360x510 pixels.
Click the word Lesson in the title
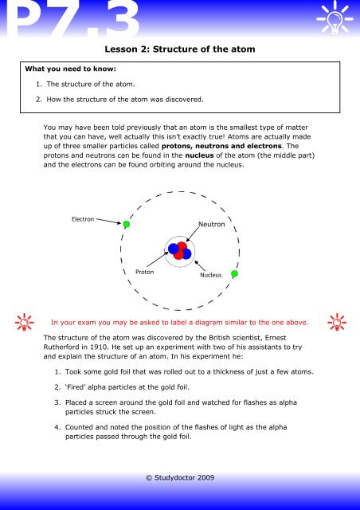[x=115, y=50]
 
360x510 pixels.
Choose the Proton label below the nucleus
[x=145, y=272]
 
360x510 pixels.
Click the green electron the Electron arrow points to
[x=126, y=224]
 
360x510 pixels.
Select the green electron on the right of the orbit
[x=234, y=273]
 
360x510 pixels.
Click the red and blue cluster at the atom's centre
[x=179, y=249]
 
